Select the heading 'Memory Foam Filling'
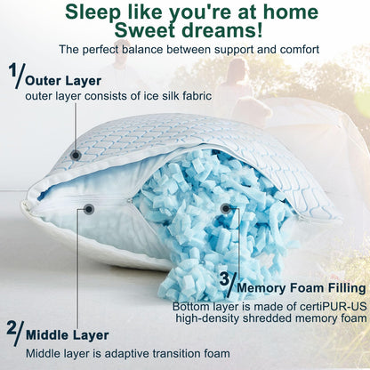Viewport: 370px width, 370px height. coord(299,288)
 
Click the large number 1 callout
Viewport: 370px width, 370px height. coord(15,75)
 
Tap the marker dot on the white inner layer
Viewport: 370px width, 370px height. coord(89,209)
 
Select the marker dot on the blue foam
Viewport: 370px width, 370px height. coord(226,208)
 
